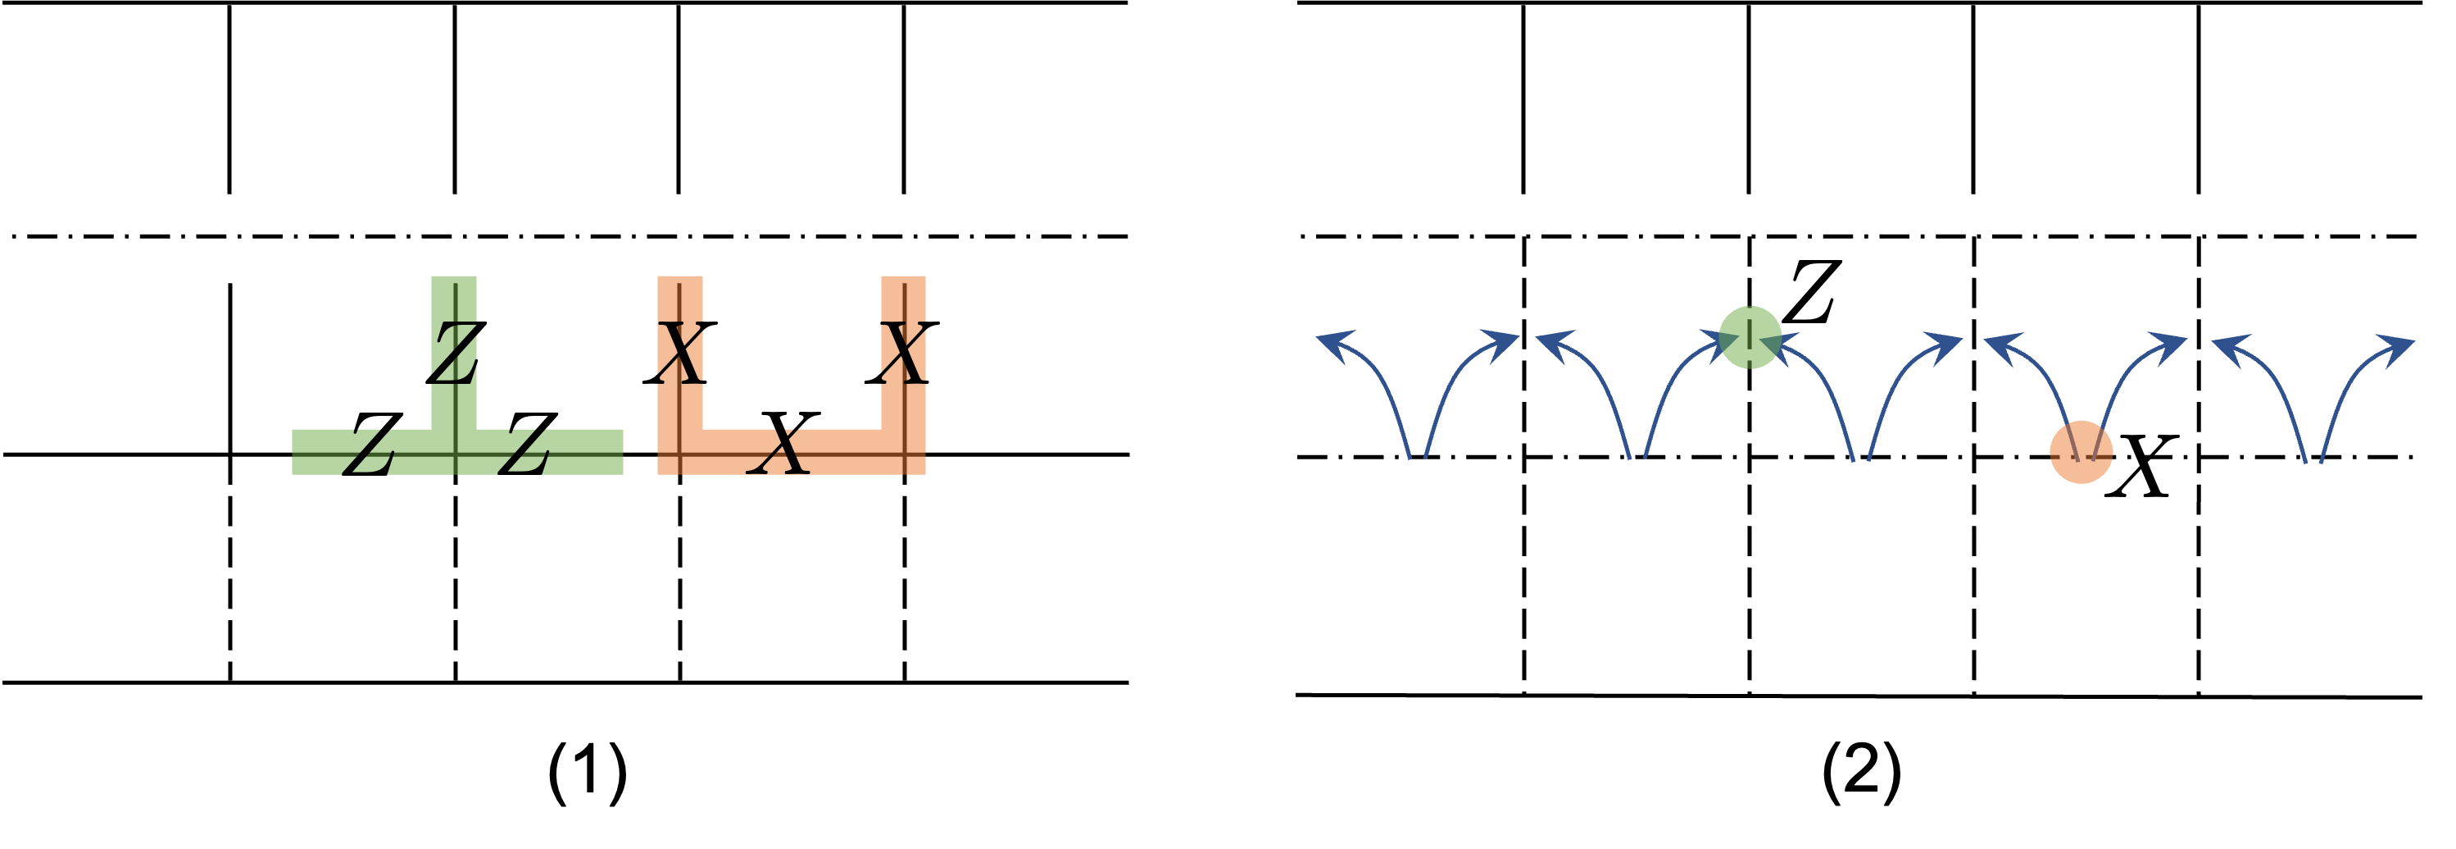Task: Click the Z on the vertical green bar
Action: click(455, 353)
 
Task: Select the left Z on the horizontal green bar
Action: click(368, 451)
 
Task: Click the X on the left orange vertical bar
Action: click(680, 353)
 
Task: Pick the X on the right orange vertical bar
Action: click(903, 353)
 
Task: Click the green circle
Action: click(1750, 337)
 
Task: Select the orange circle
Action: click(2081, 452)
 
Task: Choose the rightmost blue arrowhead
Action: click(2399, 344)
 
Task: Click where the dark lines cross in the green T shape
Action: click(456, 457)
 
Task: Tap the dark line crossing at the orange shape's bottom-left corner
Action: click(680, 457)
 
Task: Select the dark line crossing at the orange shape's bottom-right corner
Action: click(903, 457)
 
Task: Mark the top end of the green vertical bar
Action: click(454, 280)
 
